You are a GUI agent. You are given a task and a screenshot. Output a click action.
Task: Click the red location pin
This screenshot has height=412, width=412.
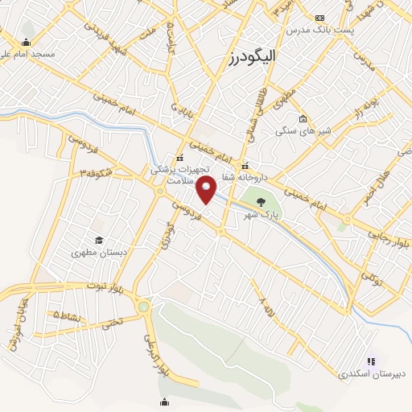click(x=207, y=190)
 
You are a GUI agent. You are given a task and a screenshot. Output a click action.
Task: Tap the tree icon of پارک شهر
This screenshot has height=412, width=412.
click(x=260, y=202)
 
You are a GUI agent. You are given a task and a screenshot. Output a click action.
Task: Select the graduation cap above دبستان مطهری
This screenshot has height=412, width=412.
click(x=98, y=240)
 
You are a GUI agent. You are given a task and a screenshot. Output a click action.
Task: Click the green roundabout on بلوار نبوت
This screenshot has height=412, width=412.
click(x=143, y=306)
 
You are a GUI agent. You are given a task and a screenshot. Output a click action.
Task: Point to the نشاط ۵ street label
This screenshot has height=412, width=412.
click(x=67, y=315)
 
